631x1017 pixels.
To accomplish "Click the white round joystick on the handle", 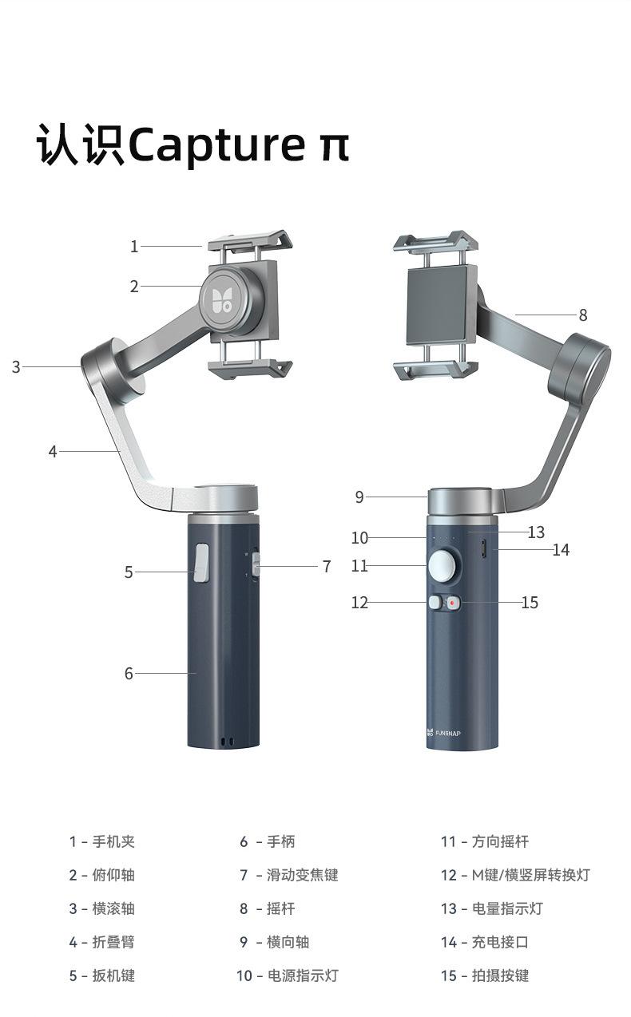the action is click(444, 566).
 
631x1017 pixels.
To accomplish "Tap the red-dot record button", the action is click(452, 603).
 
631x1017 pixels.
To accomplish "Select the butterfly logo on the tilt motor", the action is click(222, 299).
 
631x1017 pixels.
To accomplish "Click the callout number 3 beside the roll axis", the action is click(16, 367).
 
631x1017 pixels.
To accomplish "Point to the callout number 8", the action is click(583, 315).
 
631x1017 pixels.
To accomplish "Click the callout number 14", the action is click(561, 550).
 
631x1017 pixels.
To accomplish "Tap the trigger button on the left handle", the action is click(201, 563).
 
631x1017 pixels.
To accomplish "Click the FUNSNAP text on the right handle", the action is click(448, 733).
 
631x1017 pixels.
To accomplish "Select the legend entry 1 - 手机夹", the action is click(102, 841).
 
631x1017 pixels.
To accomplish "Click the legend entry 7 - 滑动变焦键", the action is click(289, 875).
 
